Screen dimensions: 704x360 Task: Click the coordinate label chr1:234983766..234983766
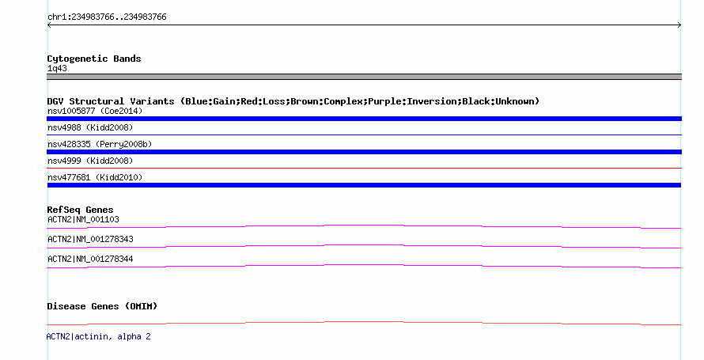coord(107,17)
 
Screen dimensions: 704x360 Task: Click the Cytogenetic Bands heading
coord(94,59)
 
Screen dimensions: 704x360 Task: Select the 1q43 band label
coord(57,68)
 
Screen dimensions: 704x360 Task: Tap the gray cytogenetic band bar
coord(364,77)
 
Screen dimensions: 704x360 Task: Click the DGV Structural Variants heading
coord(293,101)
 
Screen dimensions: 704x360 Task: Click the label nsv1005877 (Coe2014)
coord(95,111)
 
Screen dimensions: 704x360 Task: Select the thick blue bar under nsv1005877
coord(364,119)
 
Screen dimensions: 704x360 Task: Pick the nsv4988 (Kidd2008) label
coord(90,127)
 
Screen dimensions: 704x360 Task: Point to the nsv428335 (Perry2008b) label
coord(100,144)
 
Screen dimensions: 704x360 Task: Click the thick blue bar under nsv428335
coord(364,152)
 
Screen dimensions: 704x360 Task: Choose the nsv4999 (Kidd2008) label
coord(90,161)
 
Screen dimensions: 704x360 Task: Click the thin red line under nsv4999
coord(364,168)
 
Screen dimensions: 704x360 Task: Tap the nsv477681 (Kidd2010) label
coord(95,177)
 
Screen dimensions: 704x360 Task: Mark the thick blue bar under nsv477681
coord(364,185)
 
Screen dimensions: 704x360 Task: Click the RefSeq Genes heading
coord(80,210)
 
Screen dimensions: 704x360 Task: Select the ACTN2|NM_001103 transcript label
coord(83,219)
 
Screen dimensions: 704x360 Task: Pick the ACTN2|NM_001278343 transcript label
coord(90,239)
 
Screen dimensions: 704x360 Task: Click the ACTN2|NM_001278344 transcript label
coord(90,259)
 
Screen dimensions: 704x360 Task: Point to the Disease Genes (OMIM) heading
coord(102,306)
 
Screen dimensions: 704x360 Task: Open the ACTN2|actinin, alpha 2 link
coord(98,336)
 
